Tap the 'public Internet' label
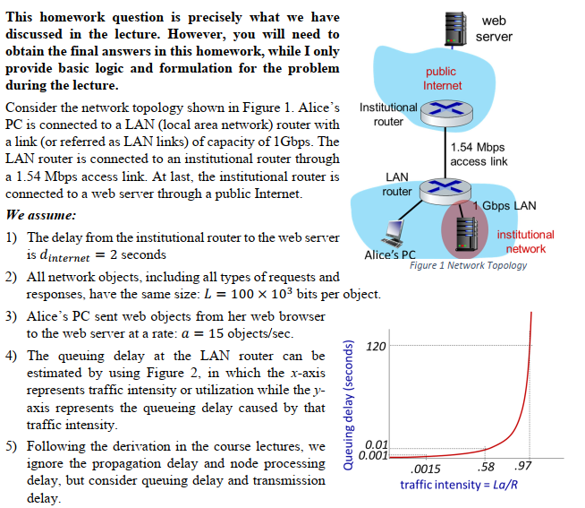(442, 78)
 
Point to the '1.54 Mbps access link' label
(479, 154)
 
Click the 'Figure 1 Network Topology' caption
(468, 265)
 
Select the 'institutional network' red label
(525, 241)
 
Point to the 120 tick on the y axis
(376, 346)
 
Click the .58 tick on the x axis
(487, 468)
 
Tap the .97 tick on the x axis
(524, 468)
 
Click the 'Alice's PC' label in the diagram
(391, 254)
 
